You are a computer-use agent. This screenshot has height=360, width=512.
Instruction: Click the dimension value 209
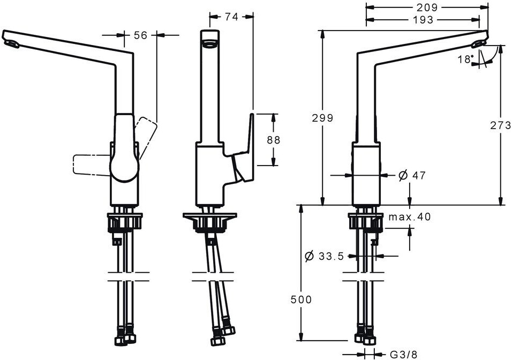[x=427, y=7]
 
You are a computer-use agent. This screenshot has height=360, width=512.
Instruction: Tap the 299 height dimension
[x=322, y=118]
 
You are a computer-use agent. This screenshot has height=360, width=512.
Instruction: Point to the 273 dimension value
[x=500, y=125]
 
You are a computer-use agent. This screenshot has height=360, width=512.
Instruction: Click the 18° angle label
[x=466, y=58]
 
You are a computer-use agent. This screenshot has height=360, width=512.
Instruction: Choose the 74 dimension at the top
[x=231, y=17]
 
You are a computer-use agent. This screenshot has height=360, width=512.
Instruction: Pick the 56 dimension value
[x=140, y=35]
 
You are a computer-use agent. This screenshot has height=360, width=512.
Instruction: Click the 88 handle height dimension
[x=273, y=139]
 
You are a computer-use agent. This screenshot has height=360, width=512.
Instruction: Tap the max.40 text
[x=409, y=217]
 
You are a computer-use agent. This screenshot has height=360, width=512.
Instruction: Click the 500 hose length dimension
[x=301, y=299]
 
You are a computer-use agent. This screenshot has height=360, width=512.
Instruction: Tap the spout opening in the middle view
[x=210, y=43]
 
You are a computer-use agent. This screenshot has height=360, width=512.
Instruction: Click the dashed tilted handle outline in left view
[x=146, y=130]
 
